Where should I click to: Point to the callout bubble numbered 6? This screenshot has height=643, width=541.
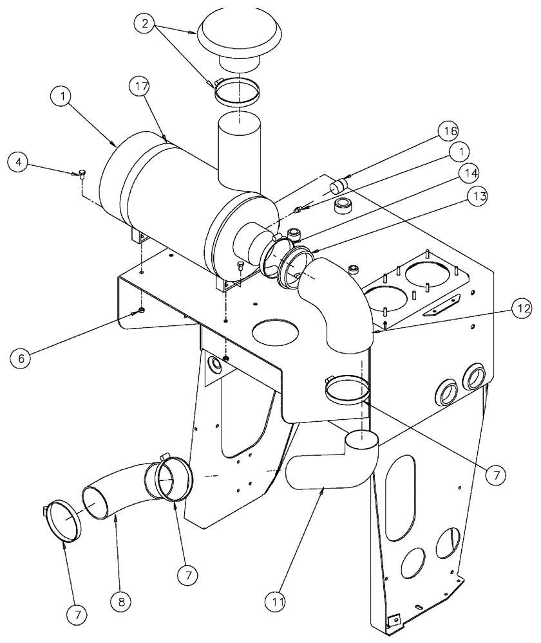(x=21, y=358)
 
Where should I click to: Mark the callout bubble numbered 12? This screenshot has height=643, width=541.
(x=522, y=309)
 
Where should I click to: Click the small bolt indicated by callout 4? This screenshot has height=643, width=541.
(x=82, y=173)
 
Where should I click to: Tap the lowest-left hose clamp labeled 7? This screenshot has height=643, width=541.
(x=64, y=522)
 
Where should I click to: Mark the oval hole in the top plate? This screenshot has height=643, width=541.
(x=276, y=332)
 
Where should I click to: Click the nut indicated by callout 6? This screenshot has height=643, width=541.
(x=140, y=312)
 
